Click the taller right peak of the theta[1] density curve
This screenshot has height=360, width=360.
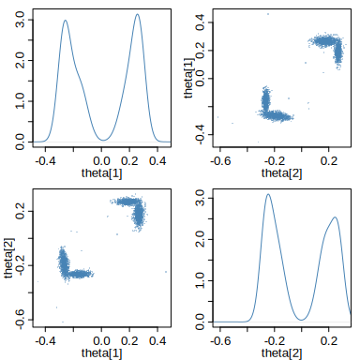pos(138,14)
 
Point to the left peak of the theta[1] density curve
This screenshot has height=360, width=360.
pos(66,21)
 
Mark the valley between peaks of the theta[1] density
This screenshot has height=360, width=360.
pos(103,140)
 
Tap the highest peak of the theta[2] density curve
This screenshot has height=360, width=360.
pos(268,194)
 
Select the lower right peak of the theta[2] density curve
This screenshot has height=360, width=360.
pos(335,217)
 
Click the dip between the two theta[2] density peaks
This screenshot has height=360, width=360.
pos(301,320)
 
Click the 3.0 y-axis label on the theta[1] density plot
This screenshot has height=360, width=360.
pos(21,20)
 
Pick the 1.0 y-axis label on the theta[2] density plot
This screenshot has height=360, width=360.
pos(201,280)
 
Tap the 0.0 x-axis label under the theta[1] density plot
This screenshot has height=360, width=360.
pos(101,161)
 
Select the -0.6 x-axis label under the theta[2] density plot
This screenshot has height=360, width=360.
pos(220,340)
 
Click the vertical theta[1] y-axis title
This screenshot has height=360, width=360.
pos(189,79)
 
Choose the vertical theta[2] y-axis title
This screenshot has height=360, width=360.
pos(9,258)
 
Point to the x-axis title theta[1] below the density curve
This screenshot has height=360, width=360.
pos(101,173)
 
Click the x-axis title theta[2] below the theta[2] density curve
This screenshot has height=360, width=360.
pos(281,353)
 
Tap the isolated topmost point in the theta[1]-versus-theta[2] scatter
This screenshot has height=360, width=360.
pos(268,14)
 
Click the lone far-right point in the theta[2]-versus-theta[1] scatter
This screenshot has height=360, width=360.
pos(166,272)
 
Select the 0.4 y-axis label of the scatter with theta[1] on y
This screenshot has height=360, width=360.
pos(201,22)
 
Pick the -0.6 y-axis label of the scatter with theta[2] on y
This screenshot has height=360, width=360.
pos(21,319)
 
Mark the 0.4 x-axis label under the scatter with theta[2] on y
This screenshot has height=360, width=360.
pos(157,340)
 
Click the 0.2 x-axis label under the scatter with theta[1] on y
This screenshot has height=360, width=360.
pos(329,161)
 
